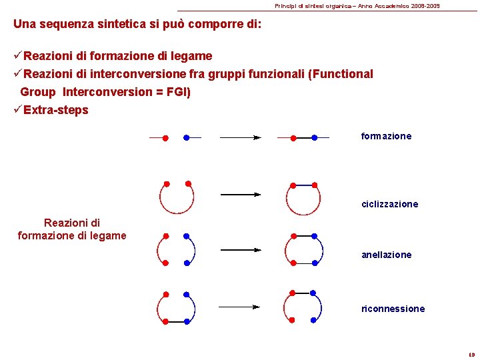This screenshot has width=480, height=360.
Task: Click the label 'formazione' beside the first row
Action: pyautogui.click(x=386, y=136)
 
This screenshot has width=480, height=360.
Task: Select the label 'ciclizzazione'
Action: pyautogui.click(x=389, y=204)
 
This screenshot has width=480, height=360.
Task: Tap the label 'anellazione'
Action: pyautogui.click(x=386, y=255)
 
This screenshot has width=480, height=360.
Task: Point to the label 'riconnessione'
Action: pyautogui.click(x=393, y=309)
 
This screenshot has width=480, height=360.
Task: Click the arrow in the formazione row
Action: pyautogui.click(x=239, y=138)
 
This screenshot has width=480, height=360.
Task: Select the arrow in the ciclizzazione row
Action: pyautogui.click(x=240, y=195)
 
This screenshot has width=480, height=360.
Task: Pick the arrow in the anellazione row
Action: pyautogui.click(x=240, y=249)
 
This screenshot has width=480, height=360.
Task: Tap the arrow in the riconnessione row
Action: pyautogui.click(x=239, y=307)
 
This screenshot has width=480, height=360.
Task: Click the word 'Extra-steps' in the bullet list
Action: pyautogui.click(x=56, y=110)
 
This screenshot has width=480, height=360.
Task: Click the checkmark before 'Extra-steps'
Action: pyautogui.click(x=17, y=109)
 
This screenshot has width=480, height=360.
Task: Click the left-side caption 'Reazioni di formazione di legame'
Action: pyautogui.click(x=72, y=229)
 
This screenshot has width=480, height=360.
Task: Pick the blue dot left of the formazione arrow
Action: pyautogui.click(x=187, y=138)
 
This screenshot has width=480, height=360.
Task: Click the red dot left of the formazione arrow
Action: pyautogui.click(x=165, y=138)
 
